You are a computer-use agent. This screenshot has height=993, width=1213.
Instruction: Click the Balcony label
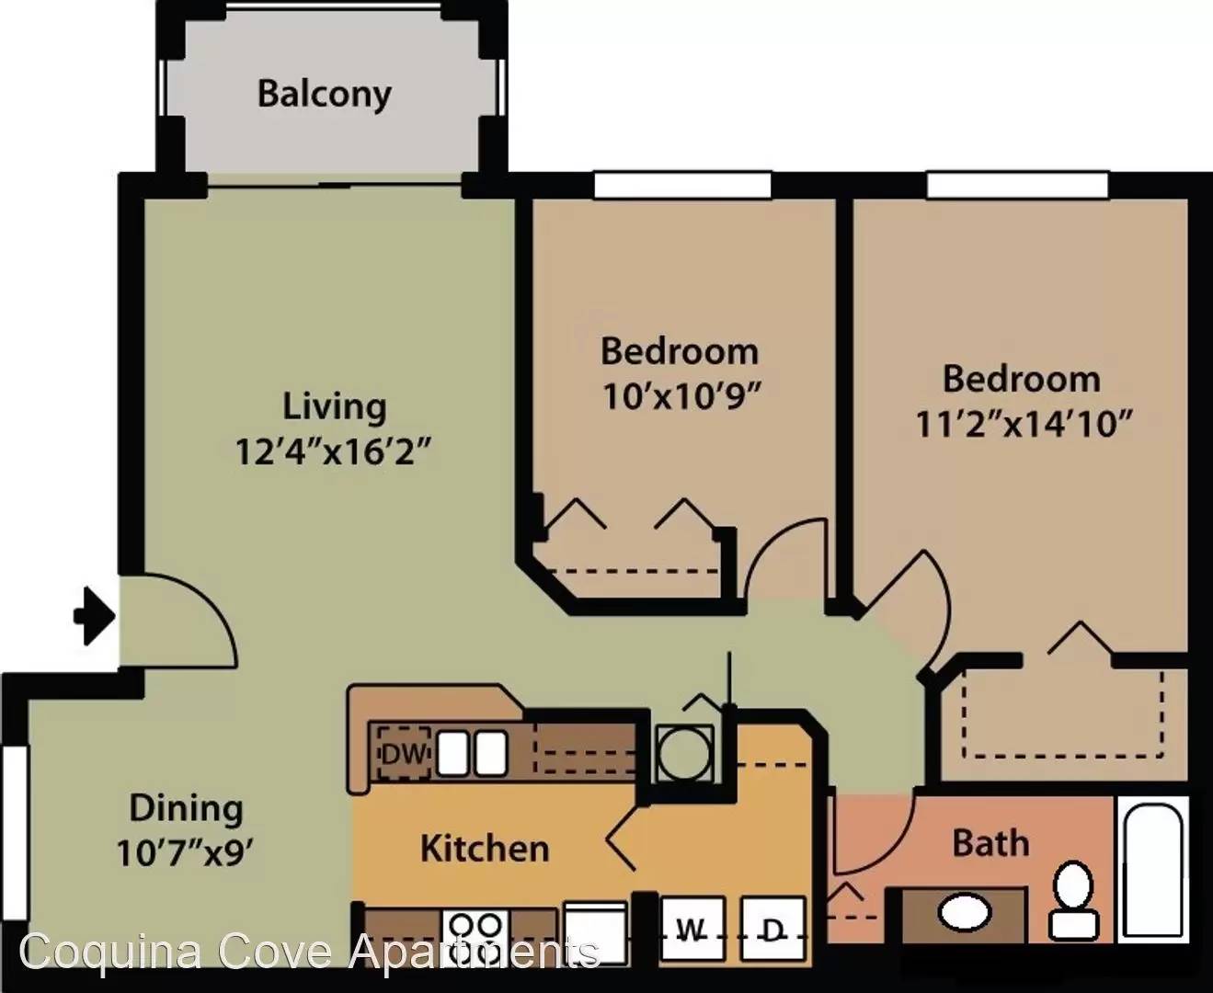[x=325, y=95]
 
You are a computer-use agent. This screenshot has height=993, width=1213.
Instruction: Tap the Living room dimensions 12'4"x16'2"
[x=333, y=452]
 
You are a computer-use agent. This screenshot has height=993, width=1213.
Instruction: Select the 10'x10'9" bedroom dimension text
[x=681, y=395]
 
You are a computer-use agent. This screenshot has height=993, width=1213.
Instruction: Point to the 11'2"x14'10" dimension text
[x=1024, y=424]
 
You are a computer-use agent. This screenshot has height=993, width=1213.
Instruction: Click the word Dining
[x=186, y=808]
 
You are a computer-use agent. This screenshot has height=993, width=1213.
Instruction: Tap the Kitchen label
[x=485, y=848]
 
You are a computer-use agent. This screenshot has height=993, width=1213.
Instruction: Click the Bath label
[x=990, y=843]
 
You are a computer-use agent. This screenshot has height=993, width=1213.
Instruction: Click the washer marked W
[x=693, y=930]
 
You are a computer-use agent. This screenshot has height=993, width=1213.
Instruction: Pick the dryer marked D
[x=772, y=930]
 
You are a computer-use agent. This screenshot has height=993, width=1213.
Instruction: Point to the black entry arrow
[x=95, y=616]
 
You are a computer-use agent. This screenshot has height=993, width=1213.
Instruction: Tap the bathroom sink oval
[x=965, y=912]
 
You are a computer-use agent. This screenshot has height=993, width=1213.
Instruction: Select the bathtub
[x=1152, y=870]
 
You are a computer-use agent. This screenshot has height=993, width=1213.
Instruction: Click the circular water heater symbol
[x=684, y=754]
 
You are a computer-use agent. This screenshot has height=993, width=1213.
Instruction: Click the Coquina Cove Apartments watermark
[x=309, y=951]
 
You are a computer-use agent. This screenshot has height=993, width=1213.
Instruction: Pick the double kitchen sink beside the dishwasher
[x=472, y=753]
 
